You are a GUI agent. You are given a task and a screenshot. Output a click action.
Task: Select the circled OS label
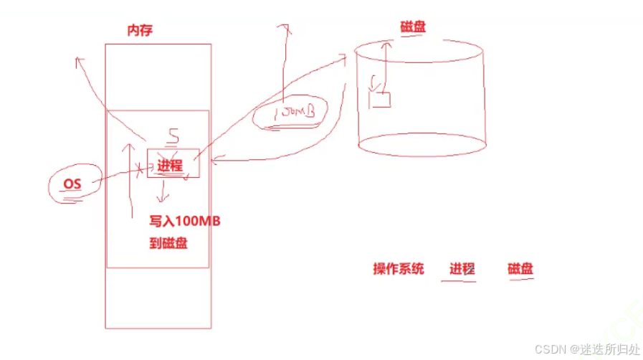[x=72, y=184]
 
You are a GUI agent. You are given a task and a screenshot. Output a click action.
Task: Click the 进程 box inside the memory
[x=170, y=165]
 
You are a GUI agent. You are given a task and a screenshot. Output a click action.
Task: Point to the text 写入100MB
[x=184, y=221]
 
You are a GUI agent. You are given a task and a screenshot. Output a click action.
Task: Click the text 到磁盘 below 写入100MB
[x=168, y=243]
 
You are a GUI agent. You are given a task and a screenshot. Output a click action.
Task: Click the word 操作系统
[x=399, y=269]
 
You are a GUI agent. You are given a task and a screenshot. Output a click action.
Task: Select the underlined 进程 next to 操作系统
[x=462, y=270]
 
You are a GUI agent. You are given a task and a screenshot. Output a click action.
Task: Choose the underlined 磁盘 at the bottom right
[x=520, y=270]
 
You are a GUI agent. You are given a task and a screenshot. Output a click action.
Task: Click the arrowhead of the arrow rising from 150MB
[x=285, y=27]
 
